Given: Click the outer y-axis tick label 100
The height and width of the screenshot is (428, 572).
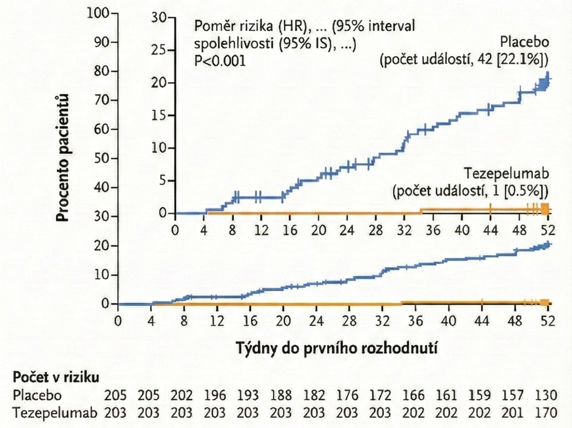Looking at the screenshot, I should click(x=98, y=13).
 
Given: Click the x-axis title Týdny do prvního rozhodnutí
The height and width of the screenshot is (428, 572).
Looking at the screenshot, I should click(x=337, y=348).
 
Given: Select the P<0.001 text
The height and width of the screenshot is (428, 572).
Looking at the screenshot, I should click(x=220, y=61).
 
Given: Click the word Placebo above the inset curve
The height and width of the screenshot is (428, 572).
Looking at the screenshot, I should click(x=524, y=42).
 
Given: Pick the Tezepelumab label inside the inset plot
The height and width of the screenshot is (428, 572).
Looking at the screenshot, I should click(x=506, y=173).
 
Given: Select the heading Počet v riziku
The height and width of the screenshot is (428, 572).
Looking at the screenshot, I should click(x=56, y=377).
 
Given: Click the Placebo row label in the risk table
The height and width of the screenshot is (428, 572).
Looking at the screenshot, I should click(x=37, y=395).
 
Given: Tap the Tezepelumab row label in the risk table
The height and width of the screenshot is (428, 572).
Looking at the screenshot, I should click(x=55, y=412).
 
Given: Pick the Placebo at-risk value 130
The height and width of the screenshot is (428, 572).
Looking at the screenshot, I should click(x=546, y=395).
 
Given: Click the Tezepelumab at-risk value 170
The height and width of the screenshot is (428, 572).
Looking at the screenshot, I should click(x=546, y=412).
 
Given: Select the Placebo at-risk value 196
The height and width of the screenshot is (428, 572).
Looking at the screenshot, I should click(x=215, y=395).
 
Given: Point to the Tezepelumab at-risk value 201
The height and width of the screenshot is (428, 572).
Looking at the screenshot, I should click(x=513, y=412).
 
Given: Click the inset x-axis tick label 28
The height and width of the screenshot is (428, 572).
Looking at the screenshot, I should click(x=376, y=231).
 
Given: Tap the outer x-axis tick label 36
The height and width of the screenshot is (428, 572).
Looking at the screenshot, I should click(x=415, y=320).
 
